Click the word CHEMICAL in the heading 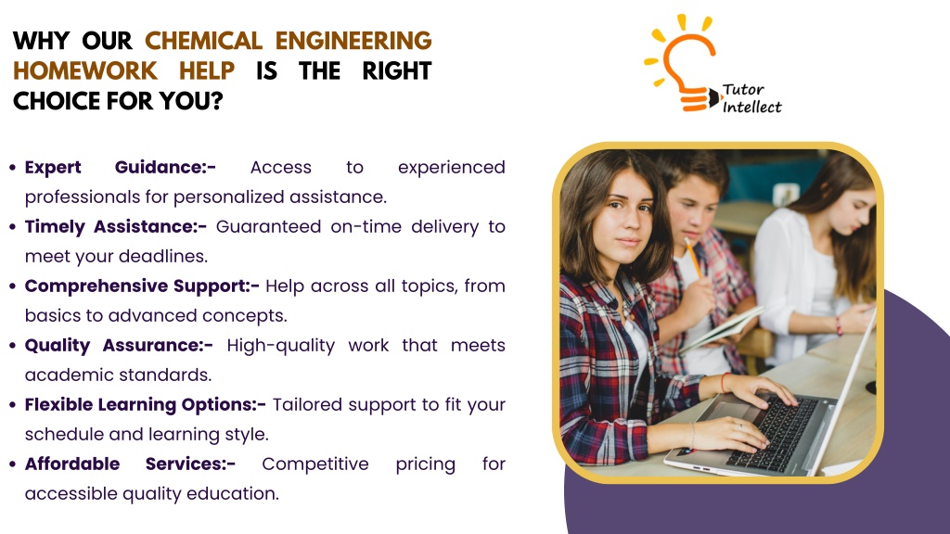(203, 41)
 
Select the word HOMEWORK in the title (84, 70)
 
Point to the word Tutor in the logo (743, 90)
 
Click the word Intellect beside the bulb (751, 108)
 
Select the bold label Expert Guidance (120, 167)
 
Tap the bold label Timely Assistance (116, 226)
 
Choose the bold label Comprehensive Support (142, 286)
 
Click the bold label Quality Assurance (119, 345)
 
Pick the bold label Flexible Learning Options (146, 404)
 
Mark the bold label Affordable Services (130, 464)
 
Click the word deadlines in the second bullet (163, 256)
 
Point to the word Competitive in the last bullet (315, 464)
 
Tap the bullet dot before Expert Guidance (13, 167)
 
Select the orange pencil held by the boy (693, 258)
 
